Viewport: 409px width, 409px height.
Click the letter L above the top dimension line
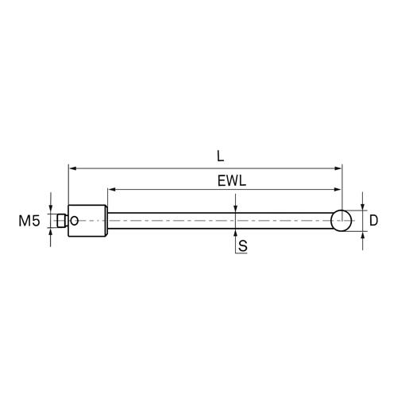pyautogui.click(x=220, y=156)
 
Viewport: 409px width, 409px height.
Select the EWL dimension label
pyautogui.click(x=232, y=181)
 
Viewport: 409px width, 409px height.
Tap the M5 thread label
pyautogui.click(x=29, y=221)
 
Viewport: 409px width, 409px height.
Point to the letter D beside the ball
pyautogui.click(x=373, y=220)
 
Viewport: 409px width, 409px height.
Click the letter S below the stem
pyautogui.click(x=243, y=246)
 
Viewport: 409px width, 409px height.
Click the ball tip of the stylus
pyautogui.click(x=341, y=221)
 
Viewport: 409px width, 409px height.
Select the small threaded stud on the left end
pyautogui.click(x=61, y=221)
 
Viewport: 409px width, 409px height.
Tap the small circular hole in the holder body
pyautogui.click(x=75, y=221)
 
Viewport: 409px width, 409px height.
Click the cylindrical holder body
pyautogui.click(x=87, y=221)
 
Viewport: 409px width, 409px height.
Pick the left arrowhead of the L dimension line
pyautogui.click(x=72, y=168)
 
